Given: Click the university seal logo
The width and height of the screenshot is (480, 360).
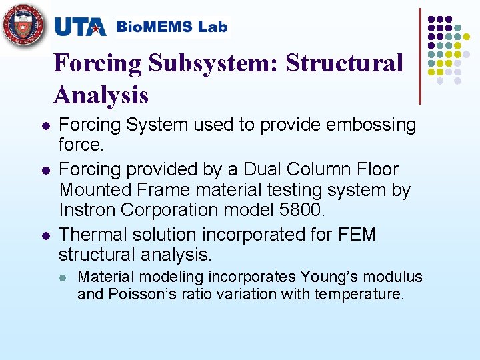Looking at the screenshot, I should pos(25,25).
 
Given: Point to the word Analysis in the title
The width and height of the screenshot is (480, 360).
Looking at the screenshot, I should pos(101,95).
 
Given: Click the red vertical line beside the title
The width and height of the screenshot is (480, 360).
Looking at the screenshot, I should pos(420,56).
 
